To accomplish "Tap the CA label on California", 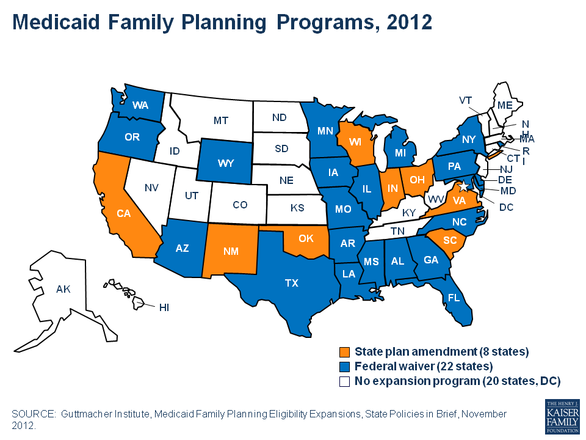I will pos(124,214).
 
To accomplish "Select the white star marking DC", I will pos(463,185).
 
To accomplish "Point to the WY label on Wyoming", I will pos(225,164).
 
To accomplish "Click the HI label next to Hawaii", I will pos(164,307).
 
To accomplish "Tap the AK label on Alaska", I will pos(63,288).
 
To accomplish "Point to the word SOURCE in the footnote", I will pos(32,414).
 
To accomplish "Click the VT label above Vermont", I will pos(466,100).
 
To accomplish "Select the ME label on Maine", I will pos(504,105).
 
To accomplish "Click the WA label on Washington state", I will pos(140,105).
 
